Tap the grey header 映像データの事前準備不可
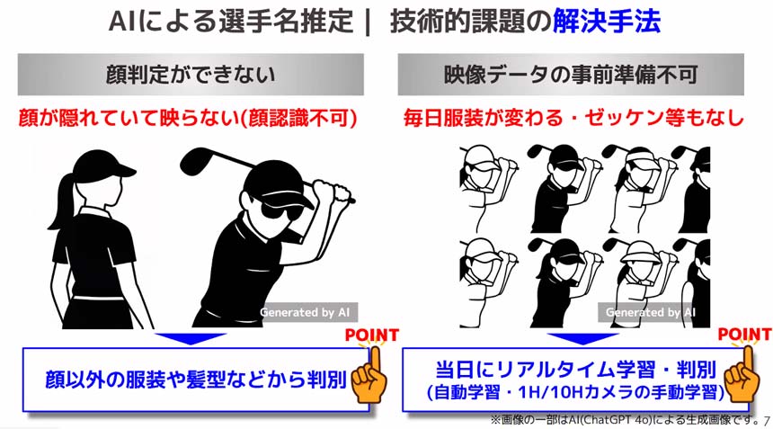click(571, 75)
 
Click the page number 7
click(766, 420)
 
